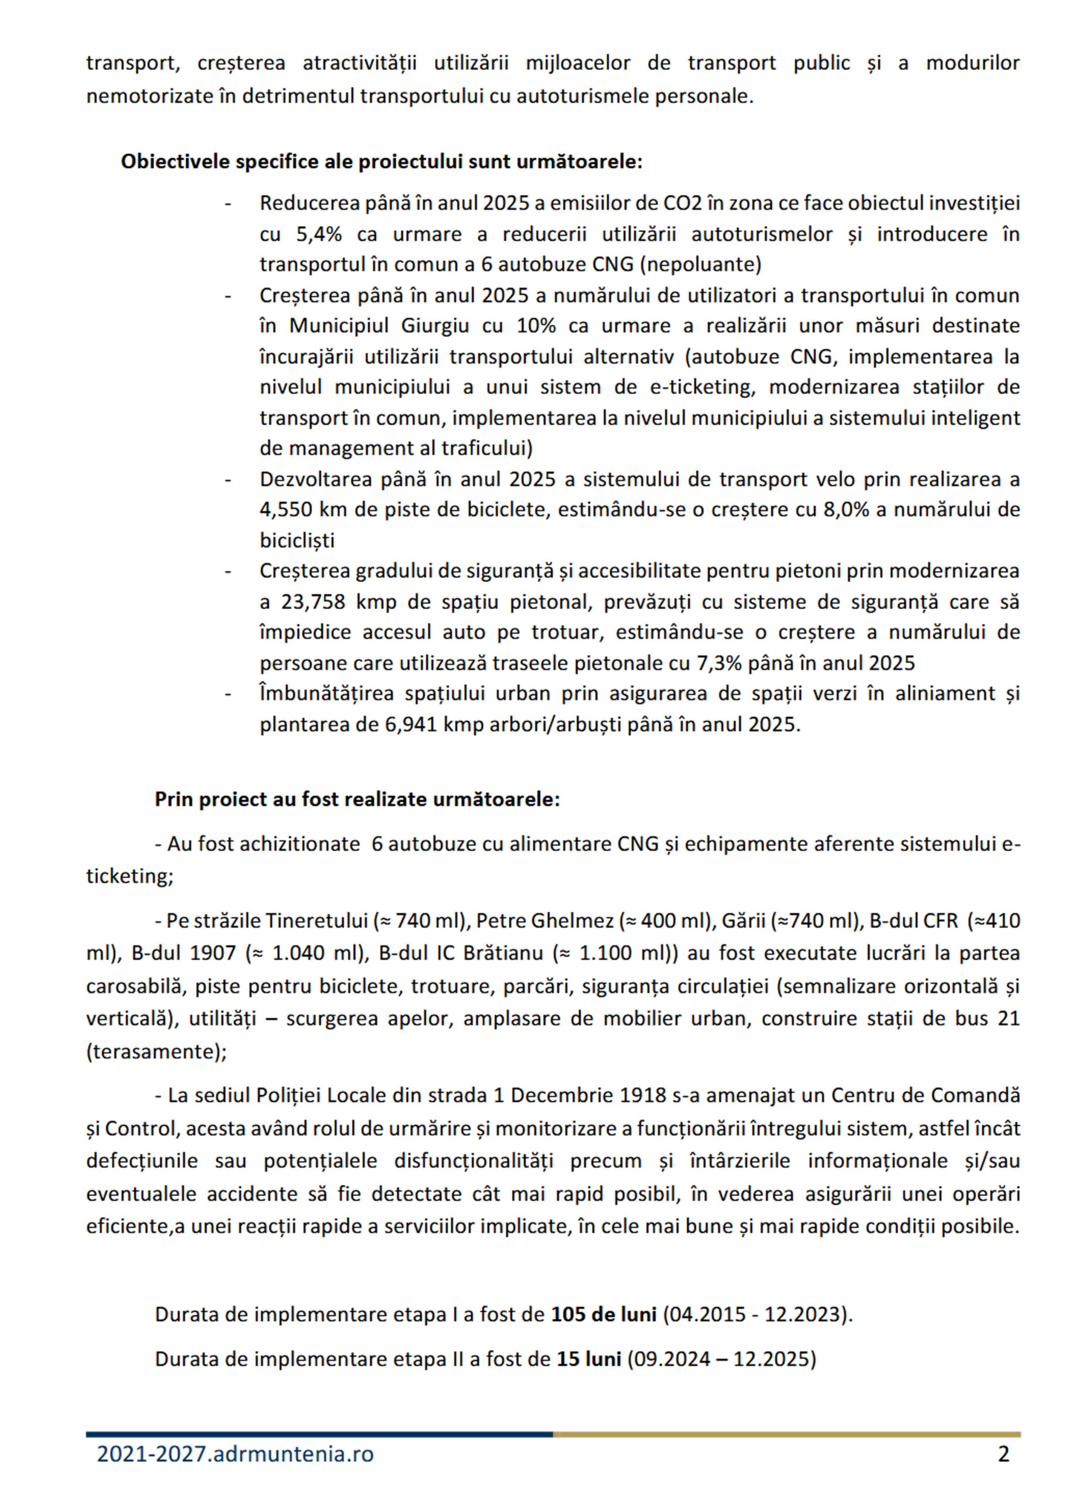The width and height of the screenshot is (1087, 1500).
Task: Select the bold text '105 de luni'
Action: pos(604,1314)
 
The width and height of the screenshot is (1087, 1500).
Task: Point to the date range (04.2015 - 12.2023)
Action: pos(758,1314)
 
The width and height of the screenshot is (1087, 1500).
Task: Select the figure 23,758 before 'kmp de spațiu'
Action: pos(313,602)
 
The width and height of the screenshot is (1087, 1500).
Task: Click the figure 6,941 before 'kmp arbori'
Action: pos(410,724)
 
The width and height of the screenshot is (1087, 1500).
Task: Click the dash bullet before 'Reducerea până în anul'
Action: pos(229,204)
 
